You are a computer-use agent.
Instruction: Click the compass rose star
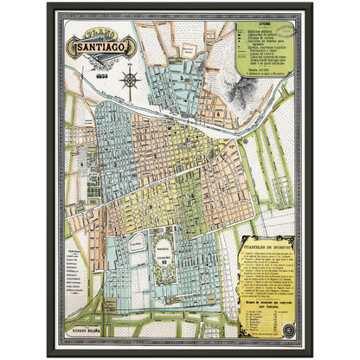[131, 80]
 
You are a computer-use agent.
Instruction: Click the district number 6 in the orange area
[222, 112]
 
